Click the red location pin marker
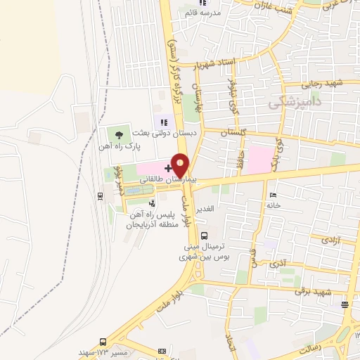[181, 165]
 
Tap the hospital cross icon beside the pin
[167, 169]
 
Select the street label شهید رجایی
[328, 84]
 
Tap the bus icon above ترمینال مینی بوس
[204, 236]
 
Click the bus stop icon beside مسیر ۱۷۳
[103, 340]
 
